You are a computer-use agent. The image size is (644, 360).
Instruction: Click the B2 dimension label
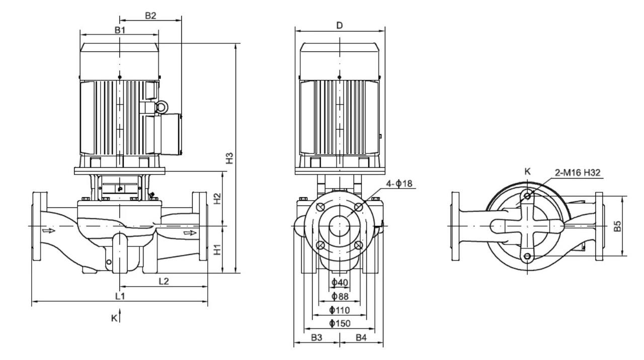(150, 16)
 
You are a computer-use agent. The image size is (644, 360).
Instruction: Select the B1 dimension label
(120, 30)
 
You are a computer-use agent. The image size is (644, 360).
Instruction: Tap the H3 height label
(229, 158)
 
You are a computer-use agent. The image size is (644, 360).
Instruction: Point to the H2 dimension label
(217, 199)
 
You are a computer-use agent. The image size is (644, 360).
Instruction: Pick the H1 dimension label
(217, 249)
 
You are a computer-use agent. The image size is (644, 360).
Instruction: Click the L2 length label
(164, 281)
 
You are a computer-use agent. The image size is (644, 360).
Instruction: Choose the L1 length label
(120, 296)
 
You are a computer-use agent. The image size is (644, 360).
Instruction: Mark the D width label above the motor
(340, 25)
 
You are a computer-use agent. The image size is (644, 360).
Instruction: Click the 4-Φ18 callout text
(399, 184)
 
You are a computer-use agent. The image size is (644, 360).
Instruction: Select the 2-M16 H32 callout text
(578, 172)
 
